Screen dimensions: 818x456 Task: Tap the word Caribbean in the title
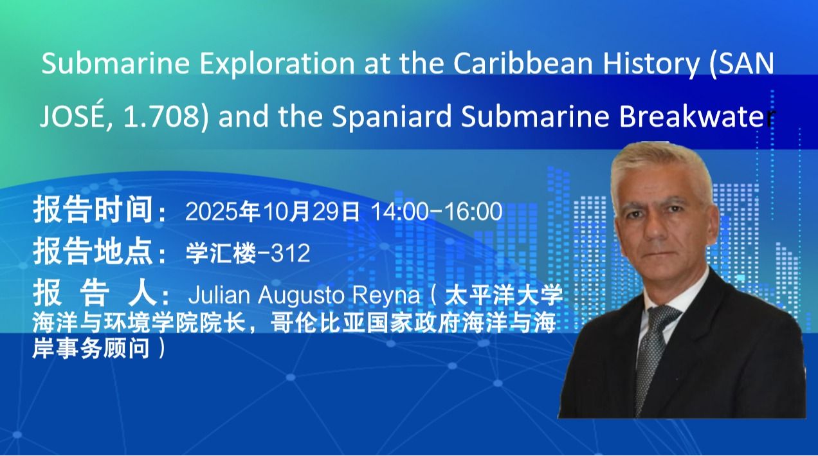point(523,64)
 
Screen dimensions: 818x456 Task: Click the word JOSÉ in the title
point(69,114)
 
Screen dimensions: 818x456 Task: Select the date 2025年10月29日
point(272,212)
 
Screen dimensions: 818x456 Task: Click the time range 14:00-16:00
point(437,212)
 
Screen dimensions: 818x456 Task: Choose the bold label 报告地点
point(93,251)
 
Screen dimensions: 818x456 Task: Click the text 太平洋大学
point(504,295)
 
